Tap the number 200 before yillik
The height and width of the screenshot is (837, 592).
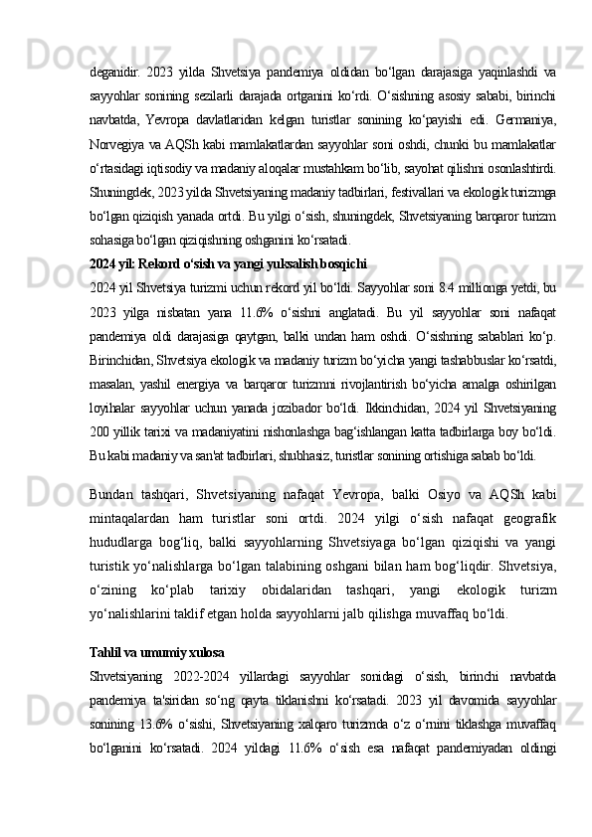pyautogui.click(x=100, y=430)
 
